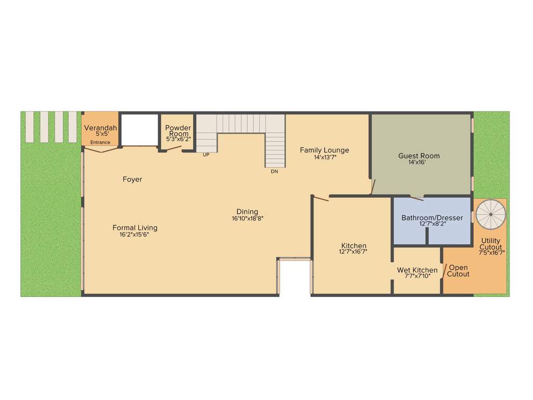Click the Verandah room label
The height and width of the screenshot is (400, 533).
click(x=100, y=128)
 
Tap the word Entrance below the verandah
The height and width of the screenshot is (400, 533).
click(x=100, y=142)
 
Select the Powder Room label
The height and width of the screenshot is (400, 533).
click(x=178, y=131)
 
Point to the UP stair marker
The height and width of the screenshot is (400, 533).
click(x=206, y=155)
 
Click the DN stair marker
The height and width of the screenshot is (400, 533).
click(x=274, y=171)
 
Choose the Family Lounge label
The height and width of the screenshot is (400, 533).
click(x=324, y=150)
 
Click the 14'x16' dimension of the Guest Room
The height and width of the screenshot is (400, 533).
click(x=419, y=162)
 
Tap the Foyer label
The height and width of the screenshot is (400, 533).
click(x=132, y=179)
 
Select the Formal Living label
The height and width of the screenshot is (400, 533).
click(x=135, y=228)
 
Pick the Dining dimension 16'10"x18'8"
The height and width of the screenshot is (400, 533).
click(x=248, y=219)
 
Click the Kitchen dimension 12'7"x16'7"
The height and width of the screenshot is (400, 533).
click(x=353, y=252)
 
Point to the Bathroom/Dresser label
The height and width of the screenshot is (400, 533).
click(x=432, y=218)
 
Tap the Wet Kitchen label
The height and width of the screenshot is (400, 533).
click(x=417, y=270)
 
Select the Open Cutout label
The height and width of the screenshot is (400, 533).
click(x=458, y=271)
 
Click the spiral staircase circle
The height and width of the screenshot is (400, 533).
click(x=490, y=214)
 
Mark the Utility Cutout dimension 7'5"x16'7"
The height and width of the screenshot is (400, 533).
click(x=491, y=253)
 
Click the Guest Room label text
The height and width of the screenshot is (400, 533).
click(x=419, y=156)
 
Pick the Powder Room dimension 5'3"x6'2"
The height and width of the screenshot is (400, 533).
click(x=178, y=139)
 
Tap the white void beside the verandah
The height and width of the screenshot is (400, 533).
click(x=139, y=130)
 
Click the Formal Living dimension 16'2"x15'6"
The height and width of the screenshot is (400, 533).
click(x=135, y=234)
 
